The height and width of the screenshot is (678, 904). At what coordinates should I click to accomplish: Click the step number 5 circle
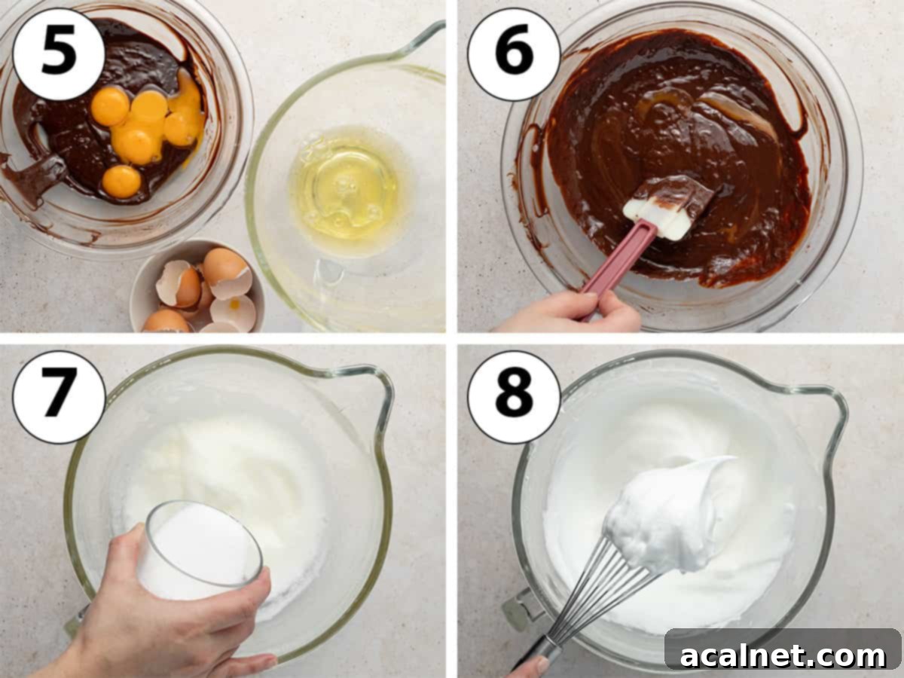coord(59,53)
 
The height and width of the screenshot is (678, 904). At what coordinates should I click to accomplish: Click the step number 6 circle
coord(514,53)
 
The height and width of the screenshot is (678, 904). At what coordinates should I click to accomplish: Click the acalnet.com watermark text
coord(783,655)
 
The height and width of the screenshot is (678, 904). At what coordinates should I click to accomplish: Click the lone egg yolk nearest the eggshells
coord(121,182)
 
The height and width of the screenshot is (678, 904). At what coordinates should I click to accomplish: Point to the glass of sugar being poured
coord(200,550)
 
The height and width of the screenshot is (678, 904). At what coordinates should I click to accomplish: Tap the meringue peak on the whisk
coord(670,512)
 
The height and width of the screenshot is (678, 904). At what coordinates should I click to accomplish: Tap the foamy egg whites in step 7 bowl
coord(226,460)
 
